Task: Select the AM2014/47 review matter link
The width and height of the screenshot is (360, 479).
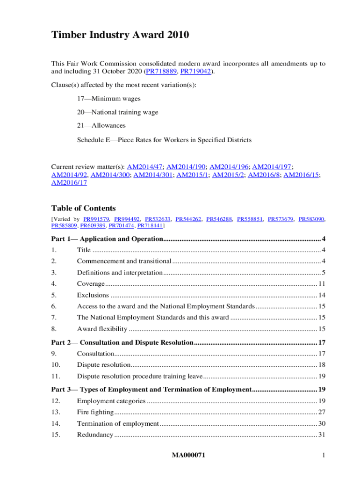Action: click(145, 167)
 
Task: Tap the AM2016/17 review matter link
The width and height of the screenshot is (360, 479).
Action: click(69, 183)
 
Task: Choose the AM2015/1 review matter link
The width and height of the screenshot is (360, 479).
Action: click(193, 175)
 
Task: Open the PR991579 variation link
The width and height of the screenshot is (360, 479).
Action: click(96, 219)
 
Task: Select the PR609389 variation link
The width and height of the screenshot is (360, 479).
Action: click(93, 225)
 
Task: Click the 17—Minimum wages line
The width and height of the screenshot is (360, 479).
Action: click(108, 99)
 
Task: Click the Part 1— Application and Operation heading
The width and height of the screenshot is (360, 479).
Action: click(106, 239)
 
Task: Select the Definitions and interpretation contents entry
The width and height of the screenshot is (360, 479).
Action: click(120, 273)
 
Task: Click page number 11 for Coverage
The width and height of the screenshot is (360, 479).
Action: click(322, 284)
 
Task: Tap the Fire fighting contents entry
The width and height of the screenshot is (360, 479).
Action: click(95, 412)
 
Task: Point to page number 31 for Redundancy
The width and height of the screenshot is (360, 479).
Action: click(322, 435)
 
